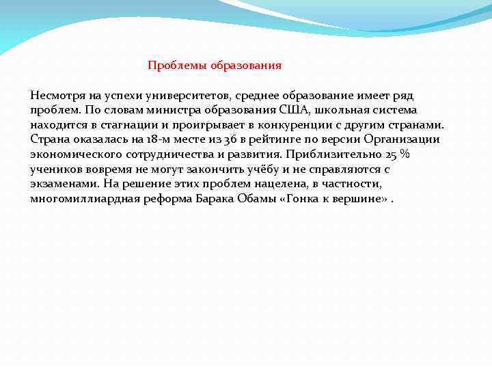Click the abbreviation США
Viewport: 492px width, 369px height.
pyautogui.click(x=293, y=109)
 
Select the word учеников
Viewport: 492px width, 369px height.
pyautogui.click(x=55, y=169)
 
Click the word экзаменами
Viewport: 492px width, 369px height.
pyautogui.click(x=63, y=184)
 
